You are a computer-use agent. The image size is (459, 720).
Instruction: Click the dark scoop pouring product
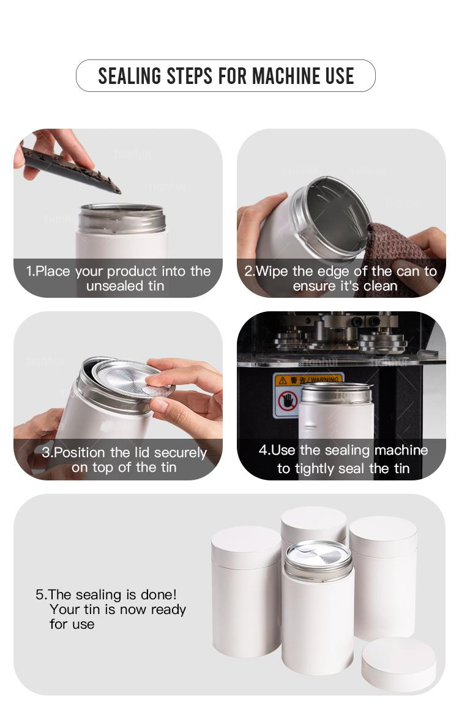pyautogui.click(x=70, y=170)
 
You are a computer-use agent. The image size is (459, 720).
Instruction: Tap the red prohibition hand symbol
pyautogui.click(x=288, y=401)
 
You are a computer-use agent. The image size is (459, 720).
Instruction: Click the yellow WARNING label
pyautogui.click(x=308, y=380)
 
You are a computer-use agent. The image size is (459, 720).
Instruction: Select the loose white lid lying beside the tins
pyautogui.click(x=398, y=664)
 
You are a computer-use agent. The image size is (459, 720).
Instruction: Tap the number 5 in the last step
pyautogui.click(x=40, y=595)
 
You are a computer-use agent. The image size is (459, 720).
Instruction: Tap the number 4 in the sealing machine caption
pyautogui.click(x=263, y=450)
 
